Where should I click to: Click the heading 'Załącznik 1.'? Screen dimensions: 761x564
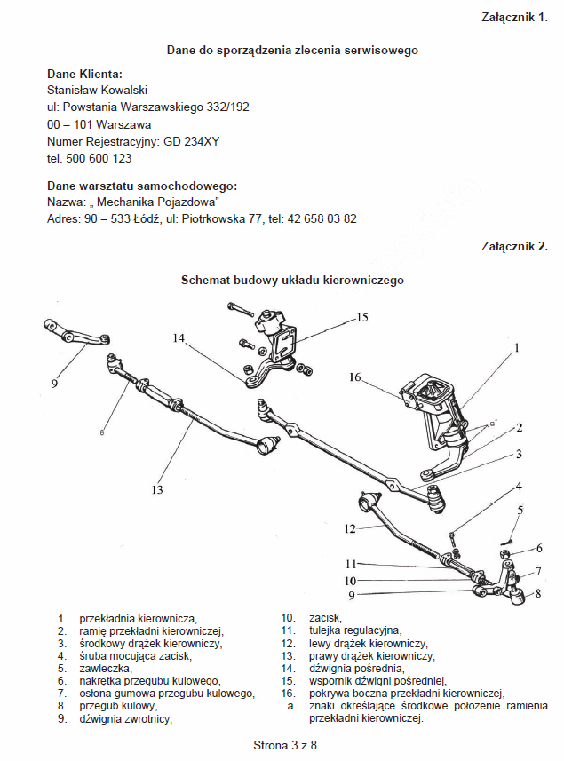(514, 17)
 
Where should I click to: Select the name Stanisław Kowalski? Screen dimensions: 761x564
(97, 90)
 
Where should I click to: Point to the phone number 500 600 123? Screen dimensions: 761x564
(99, 158)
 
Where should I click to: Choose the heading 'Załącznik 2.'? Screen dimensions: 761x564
(514, 246)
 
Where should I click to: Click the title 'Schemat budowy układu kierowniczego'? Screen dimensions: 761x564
(292, 280)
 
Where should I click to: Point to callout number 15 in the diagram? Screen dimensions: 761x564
(361, 317)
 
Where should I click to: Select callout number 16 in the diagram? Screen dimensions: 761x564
(355, 377)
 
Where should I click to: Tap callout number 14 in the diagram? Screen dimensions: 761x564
(179, 337)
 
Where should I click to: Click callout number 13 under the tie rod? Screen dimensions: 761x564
(157, 489)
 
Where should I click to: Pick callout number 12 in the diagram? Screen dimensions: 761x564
(350, 529)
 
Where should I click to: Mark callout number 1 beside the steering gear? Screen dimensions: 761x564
(516, 349)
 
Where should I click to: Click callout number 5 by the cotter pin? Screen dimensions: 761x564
(521, 510)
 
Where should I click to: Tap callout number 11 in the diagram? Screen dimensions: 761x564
(351, 564)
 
